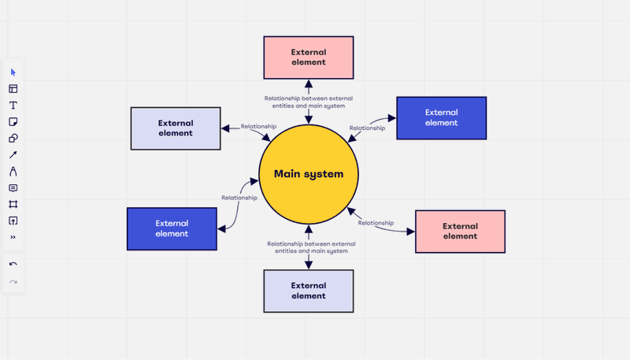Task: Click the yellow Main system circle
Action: coord(309,174)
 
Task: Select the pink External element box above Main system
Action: coord(309,58)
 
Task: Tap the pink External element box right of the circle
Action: coord(460,232)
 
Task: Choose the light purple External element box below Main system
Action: coord(309,291)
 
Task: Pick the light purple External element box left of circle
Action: coord(176,128)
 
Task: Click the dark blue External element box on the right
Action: coord(442,118)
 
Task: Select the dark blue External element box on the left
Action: coord(172,229)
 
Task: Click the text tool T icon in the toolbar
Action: coord(13,106)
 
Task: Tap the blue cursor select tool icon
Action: coord(13,72)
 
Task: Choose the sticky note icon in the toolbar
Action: coord(13,122)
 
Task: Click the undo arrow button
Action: coord(13,264)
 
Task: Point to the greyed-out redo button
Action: coord(13,282)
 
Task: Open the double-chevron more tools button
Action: coord(13,237)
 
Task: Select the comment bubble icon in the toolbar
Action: coord(13,188)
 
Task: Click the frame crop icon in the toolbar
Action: coord(13,204)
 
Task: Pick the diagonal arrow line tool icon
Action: coord(13,154)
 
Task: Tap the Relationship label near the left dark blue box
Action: coord(239,198)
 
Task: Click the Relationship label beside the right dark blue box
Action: coord(367,128)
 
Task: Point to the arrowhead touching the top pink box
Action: coord(309,84)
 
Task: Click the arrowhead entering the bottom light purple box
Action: coord(309,265)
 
